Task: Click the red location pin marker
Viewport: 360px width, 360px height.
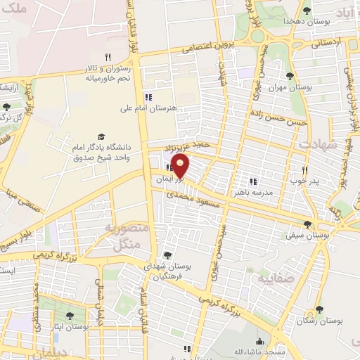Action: pyautogui.click(x=181, y=167)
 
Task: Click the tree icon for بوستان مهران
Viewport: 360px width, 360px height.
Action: pyautogui.click(x=290, y=76)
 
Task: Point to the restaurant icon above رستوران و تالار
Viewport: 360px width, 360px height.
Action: pyautogui.click(x=108, y=57)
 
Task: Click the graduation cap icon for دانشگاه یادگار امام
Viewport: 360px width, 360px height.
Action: pyautogui.click(x=101, y=136)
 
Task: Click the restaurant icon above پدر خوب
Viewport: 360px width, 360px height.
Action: pyautogui.click(x=304, y=170)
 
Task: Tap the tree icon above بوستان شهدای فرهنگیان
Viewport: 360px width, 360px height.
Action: pyautogui.click(x=167, y=255)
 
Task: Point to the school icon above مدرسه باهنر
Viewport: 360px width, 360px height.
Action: pyautogui.click(x=253, y=181)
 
